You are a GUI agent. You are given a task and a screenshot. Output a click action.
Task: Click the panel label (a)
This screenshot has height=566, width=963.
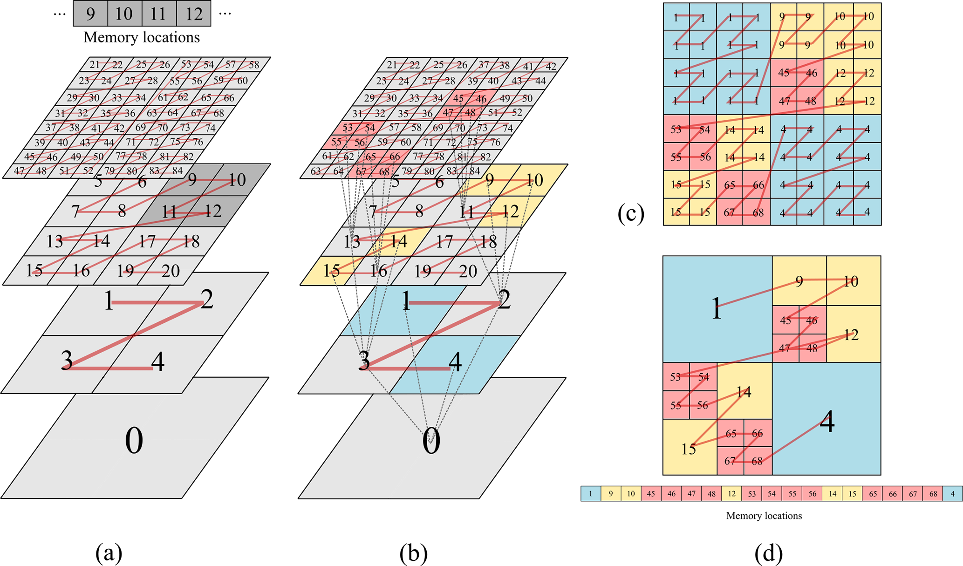(109, 553)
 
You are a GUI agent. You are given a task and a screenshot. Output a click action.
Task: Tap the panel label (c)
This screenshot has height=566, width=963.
(631, 213)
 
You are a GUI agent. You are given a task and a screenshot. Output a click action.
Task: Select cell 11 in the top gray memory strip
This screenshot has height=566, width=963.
(158, 14)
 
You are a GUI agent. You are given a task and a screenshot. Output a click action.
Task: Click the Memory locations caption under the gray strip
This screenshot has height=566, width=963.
(142, 37)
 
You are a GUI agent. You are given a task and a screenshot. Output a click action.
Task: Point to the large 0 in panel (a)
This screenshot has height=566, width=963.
(134, 441)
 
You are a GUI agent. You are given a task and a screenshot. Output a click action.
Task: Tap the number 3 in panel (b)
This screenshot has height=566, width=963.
(364, 361)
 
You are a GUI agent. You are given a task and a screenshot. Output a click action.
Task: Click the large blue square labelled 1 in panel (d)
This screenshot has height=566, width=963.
(717, 308)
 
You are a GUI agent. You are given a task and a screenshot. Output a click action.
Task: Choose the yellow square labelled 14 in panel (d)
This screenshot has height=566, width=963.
(744, 392)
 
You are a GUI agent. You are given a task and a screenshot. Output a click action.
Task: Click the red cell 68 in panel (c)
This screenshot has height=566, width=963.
(758, 212)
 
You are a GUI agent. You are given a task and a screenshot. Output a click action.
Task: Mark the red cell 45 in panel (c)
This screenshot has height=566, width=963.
(784, 73)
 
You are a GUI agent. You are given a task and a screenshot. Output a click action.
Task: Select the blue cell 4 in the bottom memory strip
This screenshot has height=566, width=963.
(953, 494)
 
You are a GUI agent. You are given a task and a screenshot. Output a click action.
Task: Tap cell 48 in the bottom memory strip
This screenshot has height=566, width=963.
(711, 494)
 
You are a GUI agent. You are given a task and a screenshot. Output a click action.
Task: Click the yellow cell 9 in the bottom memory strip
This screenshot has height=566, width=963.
(611, 494)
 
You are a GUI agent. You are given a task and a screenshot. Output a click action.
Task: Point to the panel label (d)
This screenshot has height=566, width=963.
(768, 553)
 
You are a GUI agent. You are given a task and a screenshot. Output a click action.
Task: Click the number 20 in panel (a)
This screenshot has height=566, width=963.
(171, 271)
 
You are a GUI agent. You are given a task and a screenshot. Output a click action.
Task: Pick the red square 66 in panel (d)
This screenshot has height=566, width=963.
(758, 434)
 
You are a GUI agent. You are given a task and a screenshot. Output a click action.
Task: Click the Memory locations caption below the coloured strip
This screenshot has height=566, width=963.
(764, 516)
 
